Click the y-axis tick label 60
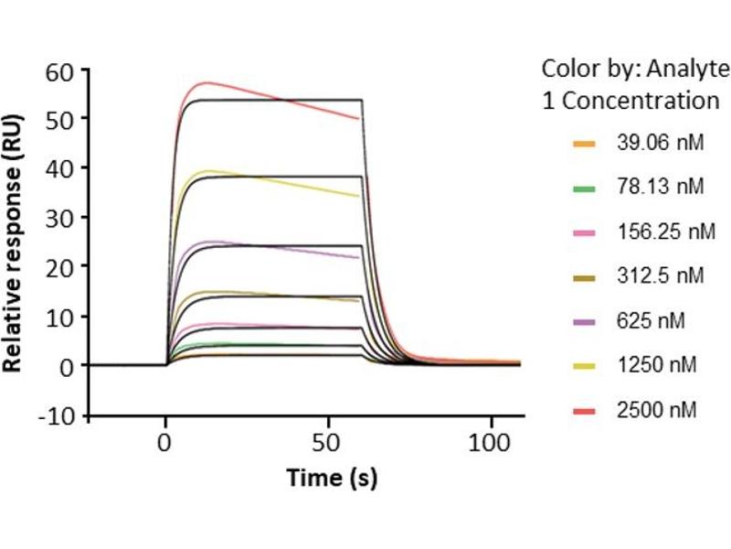coord(64,70)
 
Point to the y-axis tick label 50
coord(64,119)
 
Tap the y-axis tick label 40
coord(64,167)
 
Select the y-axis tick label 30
coord(64,217)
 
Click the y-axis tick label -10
coord(60,414)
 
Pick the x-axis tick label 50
coord(329,439)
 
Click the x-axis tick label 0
coord(165,439)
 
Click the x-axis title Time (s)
coord(332,477)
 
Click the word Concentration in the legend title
coord(640,100)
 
